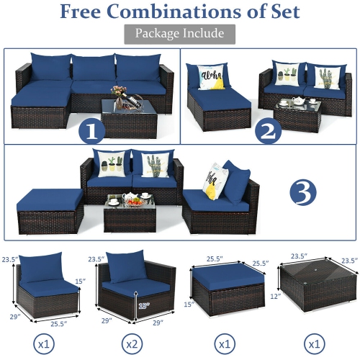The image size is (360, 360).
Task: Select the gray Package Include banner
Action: point(179,33)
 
